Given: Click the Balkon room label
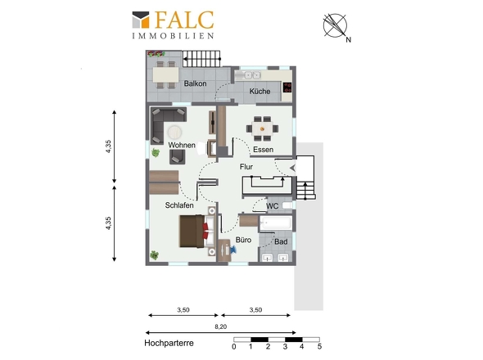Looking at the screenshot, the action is [195, 83].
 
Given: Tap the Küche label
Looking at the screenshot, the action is [260, 91].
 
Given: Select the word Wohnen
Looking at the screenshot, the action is [182, 145].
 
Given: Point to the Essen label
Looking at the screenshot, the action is [263, 150].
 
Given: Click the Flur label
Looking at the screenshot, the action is [246, 167].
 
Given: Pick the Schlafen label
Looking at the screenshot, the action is [179, 205].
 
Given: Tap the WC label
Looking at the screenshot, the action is [273, 206].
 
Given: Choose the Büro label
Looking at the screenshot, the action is [243, 240].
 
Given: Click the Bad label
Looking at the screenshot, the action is [281, 241].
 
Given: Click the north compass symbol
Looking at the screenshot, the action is [336, 26].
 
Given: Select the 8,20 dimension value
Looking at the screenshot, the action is [220, 326].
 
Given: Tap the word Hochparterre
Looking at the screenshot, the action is [169, 343].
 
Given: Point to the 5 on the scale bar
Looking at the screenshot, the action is [319, 346].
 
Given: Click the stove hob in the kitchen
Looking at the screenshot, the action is [287, 88].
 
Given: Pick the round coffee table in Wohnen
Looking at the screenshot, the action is [174, 132].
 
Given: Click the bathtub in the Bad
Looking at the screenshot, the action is [275, 223].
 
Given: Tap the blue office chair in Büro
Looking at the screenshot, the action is [232, 249].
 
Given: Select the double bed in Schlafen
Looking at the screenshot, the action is [196, 231].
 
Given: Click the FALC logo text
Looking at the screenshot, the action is [184, 20].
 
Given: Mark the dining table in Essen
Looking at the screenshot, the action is [262, 128].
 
